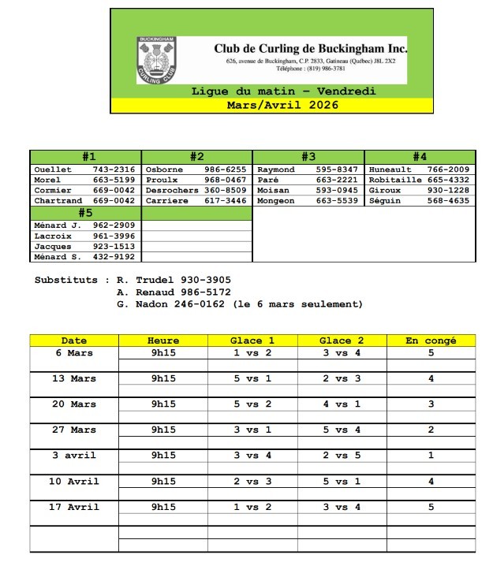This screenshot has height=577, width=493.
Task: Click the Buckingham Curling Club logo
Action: coord(156,58)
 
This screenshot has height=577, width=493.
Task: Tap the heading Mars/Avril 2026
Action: coord(271,104)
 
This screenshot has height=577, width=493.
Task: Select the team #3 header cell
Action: coord(308,157)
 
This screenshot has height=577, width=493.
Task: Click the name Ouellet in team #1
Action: coord(53,169)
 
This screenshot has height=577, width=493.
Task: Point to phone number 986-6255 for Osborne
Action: coord(226,169)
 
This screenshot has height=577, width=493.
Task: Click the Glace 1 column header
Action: coord(252,341)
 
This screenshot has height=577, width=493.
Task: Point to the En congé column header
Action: coord(431,341)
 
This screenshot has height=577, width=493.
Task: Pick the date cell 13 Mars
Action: coord(74,378)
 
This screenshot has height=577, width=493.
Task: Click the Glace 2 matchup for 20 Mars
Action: coord(342,404)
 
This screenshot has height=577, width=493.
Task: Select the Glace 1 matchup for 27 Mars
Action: coord(252,430)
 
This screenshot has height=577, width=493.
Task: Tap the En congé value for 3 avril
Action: coord(431,456)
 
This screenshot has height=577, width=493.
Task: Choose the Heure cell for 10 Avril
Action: coord(163,481)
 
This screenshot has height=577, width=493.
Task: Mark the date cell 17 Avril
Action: coord(74,507)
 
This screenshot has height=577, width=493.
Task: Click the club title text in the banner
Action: coord(311,48)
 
